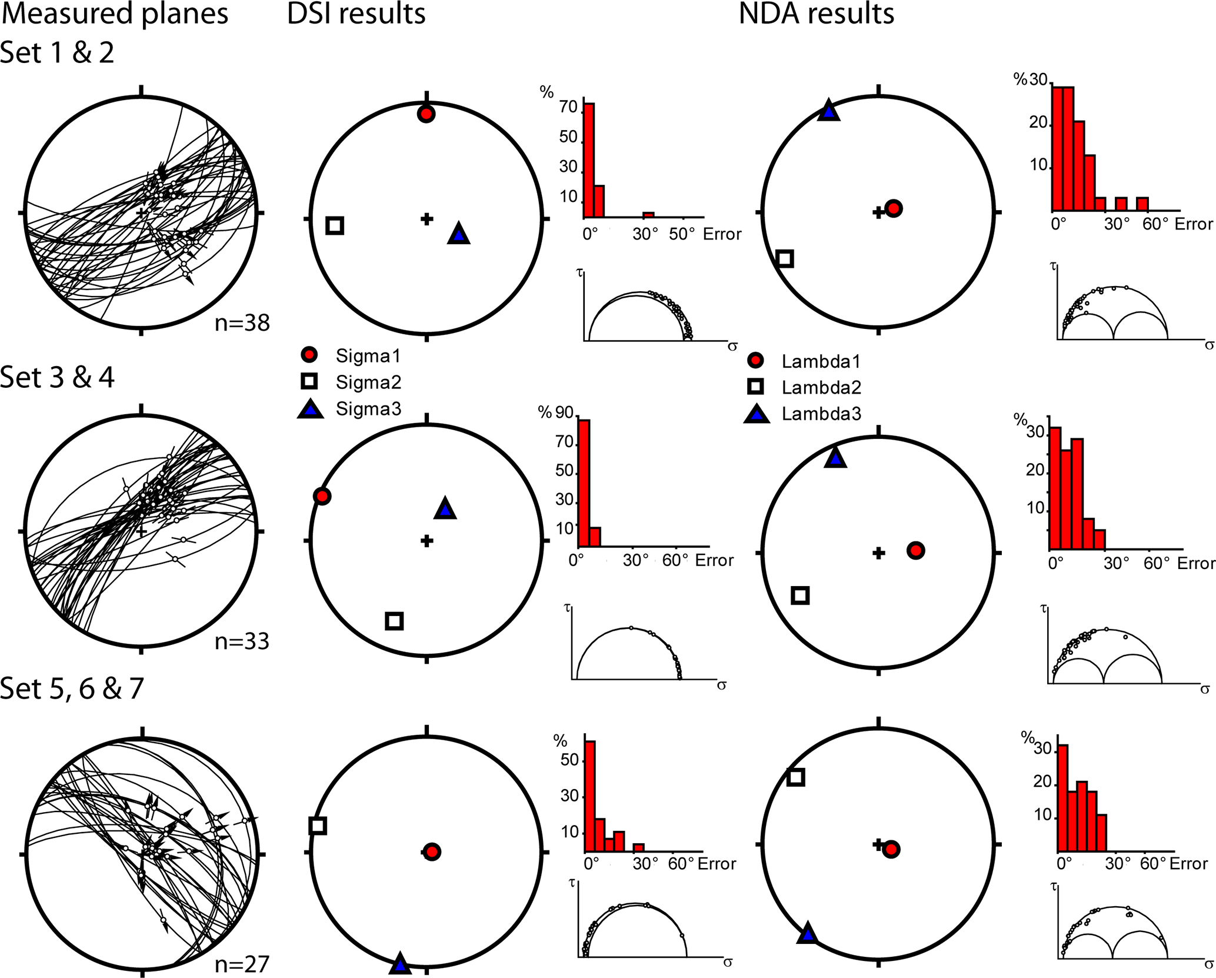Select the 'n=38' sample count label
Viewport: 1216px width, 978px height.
[242, 322]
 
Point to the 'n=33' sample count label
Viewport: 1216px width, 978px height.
[242, 641]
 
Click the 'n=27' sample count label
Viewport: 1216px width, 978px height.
[242, 963]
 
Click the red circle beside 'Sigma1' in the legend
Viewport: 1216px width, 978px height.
[309, 355]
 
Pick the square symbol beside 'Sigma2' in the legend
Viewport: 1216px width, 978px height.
[309, 381]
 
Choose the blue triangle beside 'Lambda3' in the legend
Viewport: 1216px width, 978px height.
[757, 414]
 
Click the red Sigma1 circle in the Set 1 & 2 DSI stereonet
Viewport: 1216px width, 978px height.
[426, 114]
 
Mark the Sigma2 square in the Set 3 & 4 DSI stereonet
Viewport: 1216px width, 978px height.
[394, 621]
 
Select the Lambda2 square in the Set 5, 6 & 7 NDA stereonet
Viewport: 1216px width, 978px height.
[795, 777]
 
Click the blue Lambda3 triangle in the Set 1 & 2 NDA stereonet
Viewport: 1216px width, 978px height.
[828, 111]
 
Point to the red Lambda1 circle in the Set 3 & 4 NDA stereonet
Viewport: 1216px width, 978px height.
[915, 550]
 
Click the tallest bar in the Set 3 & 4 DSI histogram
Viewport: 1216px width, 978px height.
[584, 483]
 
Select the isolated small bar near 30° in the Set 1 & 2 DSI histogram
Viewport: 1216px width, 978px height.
[648, 215]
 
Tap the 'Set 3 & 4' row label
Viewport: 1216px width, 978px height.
[57, 377]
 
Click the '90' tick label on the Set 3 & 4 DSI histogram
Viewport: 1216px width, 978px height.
[564, 413]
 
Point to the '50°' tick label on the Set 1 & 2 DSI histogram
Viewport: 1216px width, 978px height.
[682, 234]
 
